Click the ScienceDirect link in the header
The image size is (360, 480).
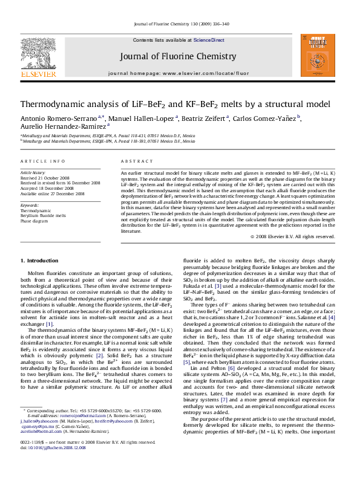tap(209, 40)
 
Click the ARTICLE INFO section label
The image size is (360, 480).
tap(43, 162)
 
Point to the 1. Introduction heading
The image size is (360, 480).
tap(40, 261)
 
